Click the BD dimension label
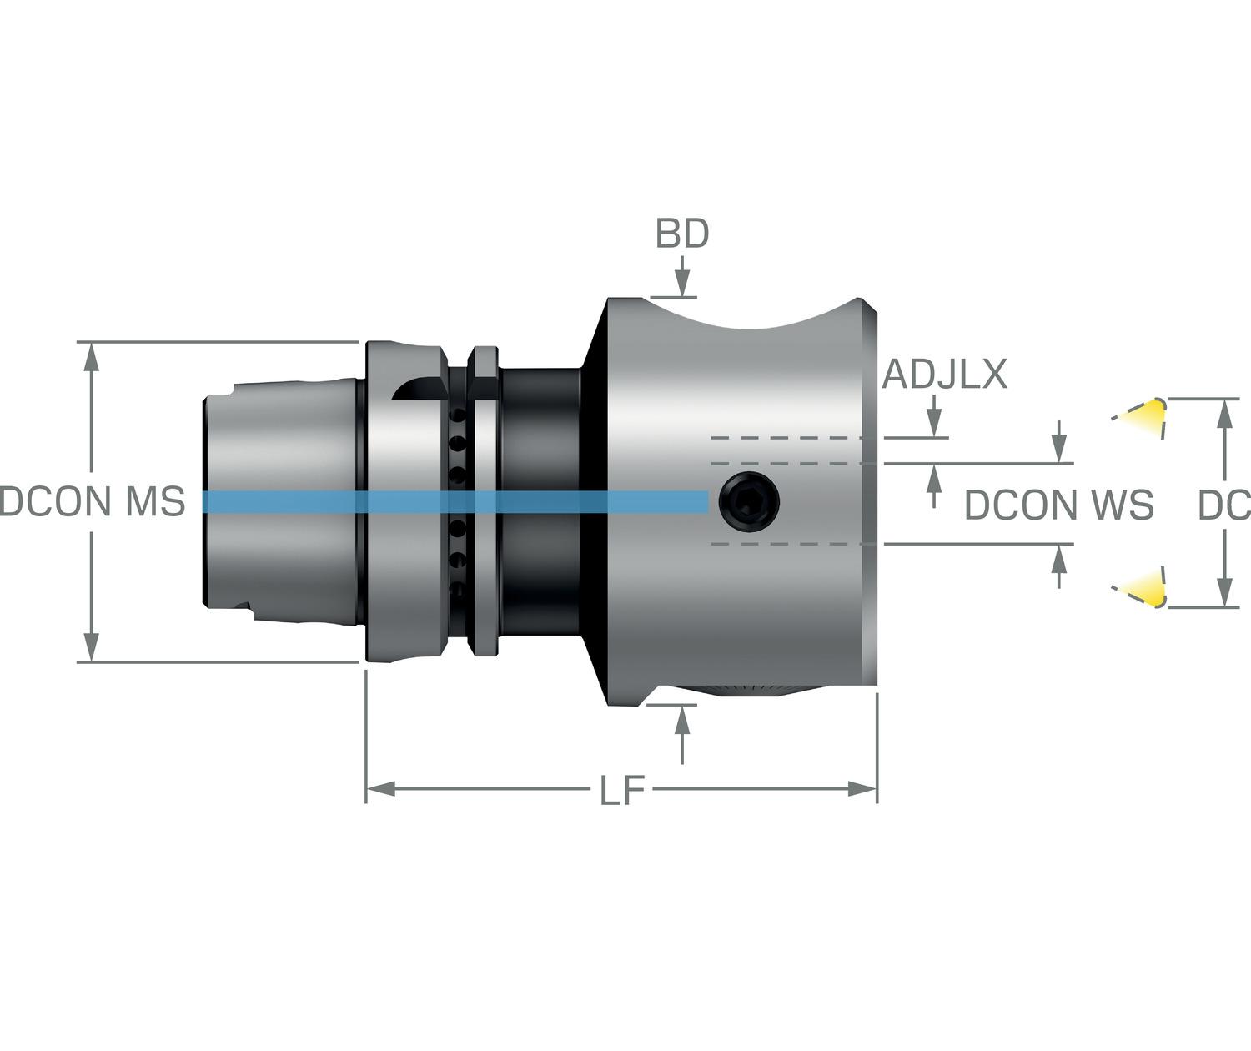pos(681,234)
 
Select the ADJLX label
pos(945,375)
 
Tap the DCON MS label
pos(93,502)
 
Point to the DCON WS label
pos(1058,505)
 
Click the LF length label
pos(622,791)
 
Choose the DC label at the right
pos(1223,505)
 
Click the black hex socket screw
pos(751,501)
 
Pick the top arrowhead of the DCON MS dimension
pos(92,355)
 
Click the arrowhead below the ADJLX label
pos(934,426)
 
